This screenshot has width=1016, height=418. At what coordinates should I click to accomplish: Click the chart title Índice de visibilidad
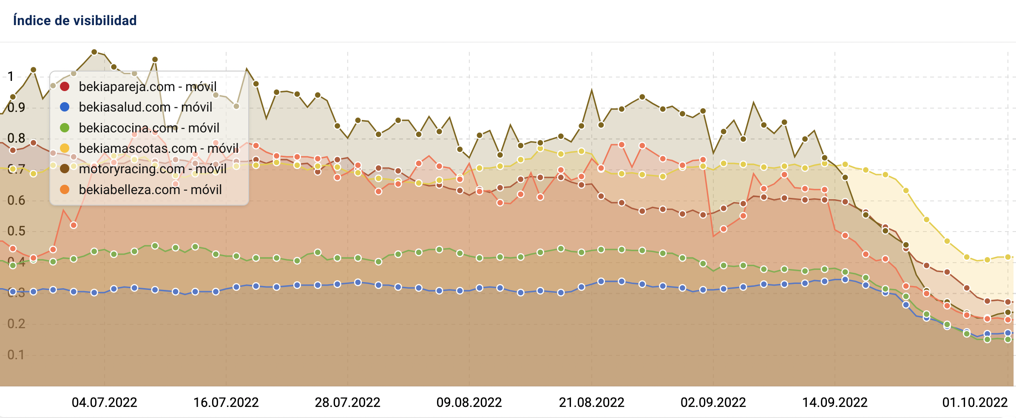(x=75, y=20)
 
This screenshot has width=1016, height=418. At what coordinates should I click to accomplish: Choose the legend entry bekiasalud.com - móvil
(x=145, y=107)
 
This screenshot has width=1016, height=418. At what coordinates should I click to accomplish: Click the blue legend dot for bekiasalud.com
(x=65, y=107)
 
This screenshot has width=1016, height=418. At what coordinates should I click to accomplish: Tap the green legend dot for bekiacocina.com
(x=65, y=128)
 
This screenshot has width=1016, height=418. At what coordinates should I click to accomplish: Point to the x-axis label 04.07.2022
(x=105, y=402)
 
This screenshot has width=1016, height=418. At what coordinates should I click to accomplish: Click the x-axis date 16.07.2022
(x=226, y=402)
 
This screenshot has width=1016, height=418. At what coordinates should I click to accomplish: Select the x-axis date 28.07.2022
(x=348, y=402)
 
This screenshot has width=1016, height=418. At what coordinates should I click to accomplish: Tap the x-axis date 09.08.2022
(x=469, y=402)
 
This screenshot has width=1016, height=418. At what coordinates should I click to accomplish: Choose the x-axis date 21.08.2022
(x=592, y=402)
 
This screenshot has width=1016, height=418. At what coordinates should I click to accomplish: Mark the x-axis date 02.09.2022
(x=713, y=402)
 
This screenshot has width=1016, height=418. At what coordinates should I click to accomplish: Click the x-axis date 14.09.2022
(x=835, y=402)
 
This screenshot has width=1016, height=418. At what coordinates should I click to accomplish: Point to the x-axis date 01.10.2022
(x=975, y=402)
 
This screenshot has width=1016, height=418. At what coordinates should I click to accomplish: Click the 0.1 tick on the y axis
(x=16, y=355)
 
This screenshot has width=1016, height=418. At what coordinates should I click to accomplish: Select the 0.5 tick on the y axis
(x=16, y=231)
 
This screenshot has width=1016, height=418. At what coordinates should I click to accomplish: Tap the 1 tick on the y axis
(x=11, y=77)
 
